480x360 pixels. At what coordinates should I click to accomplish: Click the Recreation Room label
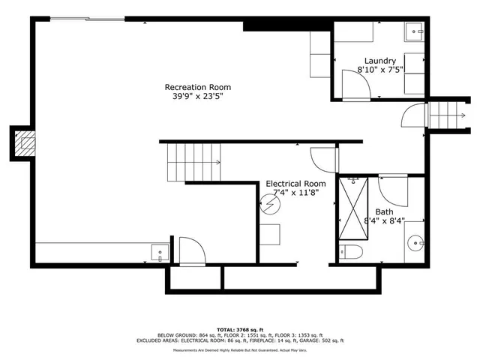(x=193, y=87)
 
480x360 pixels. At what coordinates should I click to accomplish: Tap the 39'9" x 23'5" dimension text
(x=193, y=96)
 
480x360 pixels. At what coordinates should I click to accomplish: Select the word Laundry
(x=380, y=61)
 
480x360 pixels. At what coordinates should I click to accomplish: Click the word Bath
(x=383, y=212)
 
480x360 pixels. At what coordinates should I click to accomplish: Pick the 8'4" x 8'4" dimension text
(x=383, y=221)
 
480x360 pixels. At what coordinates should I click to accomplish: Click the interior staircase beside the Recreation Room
(x=193, y=161)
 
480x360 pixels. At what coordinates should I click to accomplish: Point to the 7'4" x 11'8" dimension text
(x=296, y=193)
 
